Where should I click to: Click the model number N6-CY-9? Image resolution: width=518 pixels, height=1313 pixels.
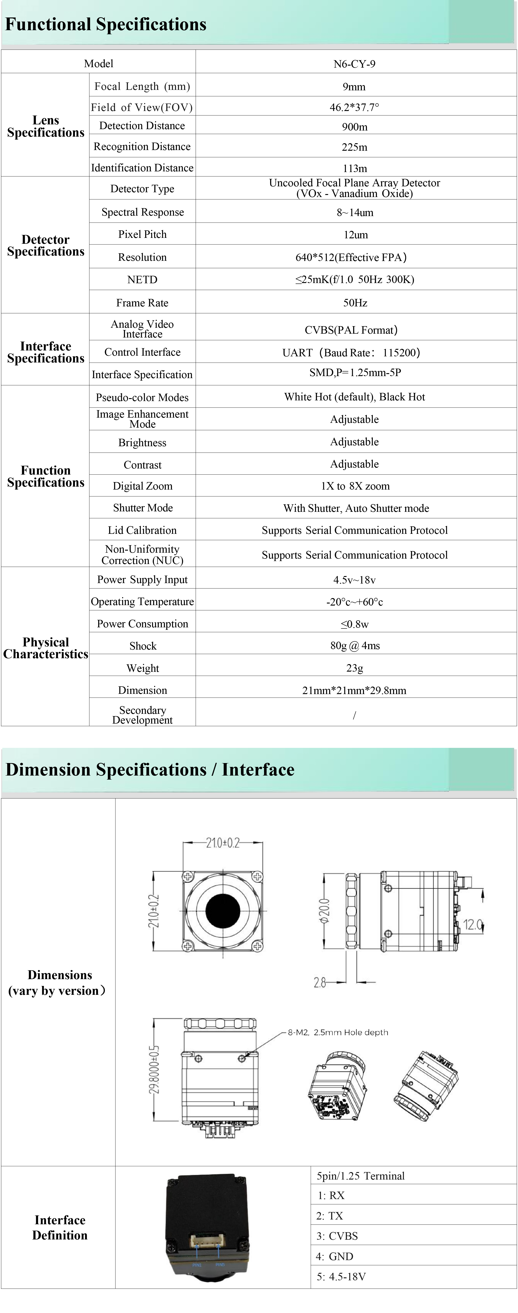tap(354, 64)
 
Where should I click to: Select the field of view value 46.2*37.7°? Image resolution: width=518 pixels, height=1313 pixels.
tap(354, 107)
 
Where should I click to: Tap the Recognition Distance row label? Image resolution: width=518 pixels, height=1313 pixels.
tap(142, 147)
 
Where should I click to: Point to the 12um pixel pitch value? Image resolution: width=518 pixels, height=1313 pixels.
tap(355, 234)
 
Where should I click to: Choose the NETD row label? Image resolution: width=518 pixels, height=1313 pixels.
tap(142, 279)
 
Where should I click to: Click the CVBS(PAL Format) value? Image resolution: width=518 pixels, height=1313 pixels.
tap(351, 330)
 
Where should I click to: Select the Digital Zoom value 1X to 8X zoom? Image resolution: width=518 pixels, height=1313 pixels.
tap(355, 486)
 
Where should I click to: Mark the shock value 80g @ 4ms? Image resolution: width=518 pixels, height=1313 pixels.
tap(355, 645)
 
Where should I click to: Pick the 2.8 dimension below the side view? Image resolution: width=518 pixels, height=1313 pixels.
tap(320, 982)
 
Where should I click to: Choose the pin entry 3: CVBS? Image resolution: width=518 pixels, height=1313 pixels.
tap(337, 1236)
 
